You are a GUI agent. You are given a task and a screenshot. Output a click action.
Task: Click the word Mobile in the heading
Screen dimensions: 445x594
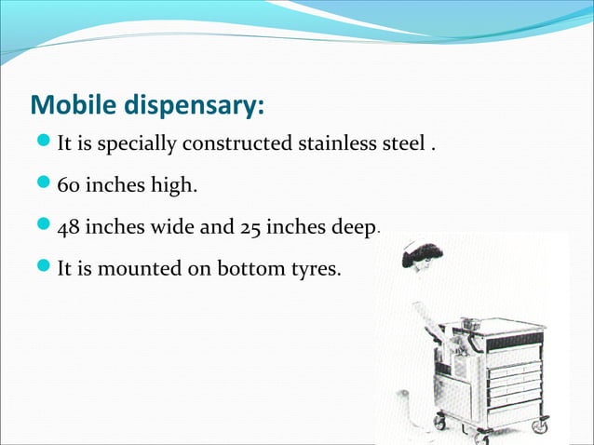73,105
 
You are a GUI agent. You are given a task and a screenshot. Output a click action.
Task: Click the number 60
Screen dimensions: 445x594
69,186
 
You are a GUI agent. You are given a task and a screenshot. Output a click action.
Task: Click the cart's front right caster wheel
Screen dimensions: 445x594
538,425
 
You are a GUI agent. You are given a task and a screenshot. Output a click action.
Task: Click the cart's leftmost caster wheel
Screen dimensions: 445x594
439,422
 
